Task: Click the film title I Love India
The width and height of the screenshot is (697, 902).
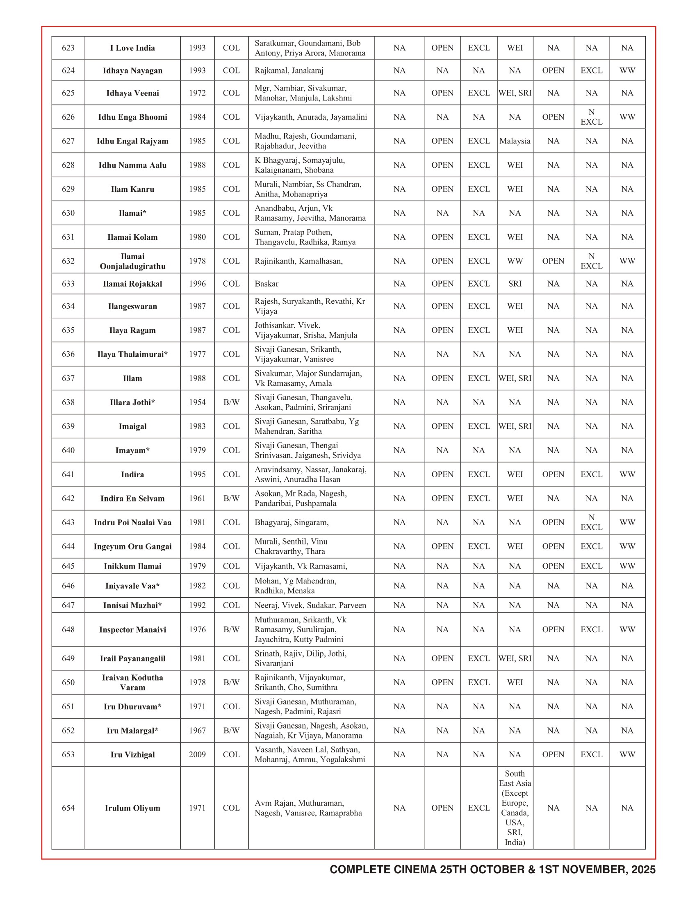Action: point(132,48)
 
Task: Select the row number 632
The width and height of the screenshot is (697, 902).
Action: point(68,261)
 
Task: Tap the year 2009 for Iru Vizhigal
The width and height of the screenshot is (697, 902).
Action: point(197,754)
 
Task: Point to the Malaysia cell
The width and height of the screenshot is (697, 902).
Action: point(515,141)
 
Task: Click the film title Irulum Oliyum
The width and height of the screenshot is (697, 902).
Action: point(132,808)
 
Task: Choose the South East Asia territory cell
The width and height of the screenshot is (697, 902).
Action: point(515,807)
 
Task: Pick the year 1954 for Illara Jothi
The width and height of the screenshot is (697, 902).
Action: point(197,402)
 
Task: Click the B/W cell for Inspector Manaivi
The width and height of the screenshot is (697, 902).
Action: point(231,629)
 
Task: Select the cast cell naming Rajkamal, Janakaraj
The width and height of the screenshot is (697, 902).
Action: point(289,71)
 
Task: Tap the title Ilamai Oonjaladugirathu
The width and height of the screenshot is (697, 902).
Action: point(132,261)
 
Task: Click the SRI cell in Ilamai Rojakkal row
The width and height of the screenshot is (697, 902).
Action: point(515,284)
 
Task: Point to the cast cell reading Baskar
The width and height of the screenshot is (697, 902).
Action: point(267,284)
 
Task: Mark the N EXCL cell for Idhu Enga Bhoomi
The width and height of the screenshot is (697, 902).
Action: point(591,117)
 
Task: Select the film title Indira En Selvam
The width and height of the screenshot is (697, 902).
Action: point(132,499)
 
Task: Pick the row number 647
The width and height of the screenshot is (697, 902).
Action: point(68,606)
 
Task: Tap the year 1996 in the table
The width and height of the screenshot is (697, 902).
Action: point(197,284)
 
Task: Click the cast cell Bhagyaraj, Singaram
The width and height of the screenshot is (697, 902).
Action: point(292,522)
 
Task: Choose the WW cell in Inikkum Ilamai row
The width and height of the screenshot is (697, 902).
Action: point(627,566)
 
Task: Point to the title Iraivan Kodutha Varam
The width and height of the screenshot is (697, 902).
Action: point(132,682)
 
